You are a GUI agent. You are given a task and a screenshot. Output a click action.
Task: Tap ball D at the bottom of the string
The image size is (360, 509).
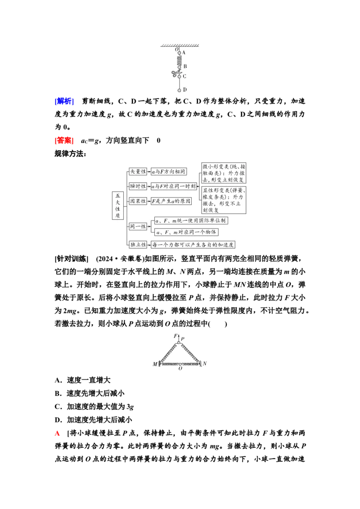coord(179,90)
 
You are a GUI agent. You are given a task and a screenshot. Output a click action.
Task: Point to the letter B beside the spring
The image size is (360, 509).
coord(185,66)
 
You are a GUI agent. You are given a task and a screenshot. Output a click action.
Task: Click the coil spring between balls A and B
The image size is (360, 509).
coord(179,60)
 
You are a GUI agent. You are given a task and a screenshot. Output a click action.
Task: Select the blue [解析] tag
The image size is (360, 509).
coord(64,101)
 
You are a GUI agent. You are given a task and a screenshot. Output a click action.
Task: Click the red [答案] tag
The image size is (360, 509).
coord(64,141)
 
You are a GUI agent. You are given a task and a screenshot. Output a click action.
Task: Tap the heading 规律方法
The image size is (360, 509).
coord(70,153)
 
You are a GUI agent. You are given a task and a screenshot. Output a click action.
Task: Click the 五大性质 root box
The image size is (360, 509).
coord(118,205)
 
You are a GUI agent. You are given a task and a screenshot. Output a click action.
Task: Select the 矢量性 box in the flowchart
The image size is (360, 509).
coord(138,171)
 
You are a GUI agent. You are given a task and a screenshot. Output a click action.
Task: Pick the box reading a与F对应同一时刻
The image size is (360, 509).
coord(174,186)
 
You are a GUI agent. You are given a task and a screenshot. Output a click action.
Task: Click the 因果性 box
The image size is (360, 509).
coord(138,201)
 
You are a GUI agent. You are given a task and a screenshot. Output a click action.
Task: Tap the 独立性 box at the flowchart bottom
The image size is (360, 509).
coord(138,245)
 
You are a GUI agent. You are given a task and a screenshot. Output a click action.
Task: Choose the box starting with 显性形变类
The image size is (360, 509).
coord(224,200)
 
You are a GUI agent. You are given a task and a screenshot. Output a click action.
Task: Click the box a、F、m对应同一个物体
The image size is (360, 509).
coord(186,232)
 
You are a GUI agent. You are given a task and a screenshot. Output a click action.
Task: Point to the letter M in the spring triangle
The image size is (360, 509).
coord(155,364)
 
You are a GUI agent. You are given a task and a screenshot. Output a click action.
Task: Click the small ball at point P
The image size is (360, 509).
coord(179,343)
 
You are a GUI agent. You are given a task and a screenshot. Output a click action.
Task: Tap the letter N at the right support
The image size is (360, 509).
coord(205,363)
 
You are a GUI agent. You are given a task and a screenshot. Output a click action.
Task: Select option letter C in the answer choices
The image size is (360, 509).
coord(58,407)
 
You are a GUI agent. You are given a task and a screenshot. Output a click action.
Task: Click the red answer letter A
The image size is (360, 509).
coord(58,433)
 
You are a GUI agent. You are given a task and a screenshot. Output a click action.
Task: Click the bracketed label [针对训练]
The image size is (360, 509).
coord(72,259)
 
